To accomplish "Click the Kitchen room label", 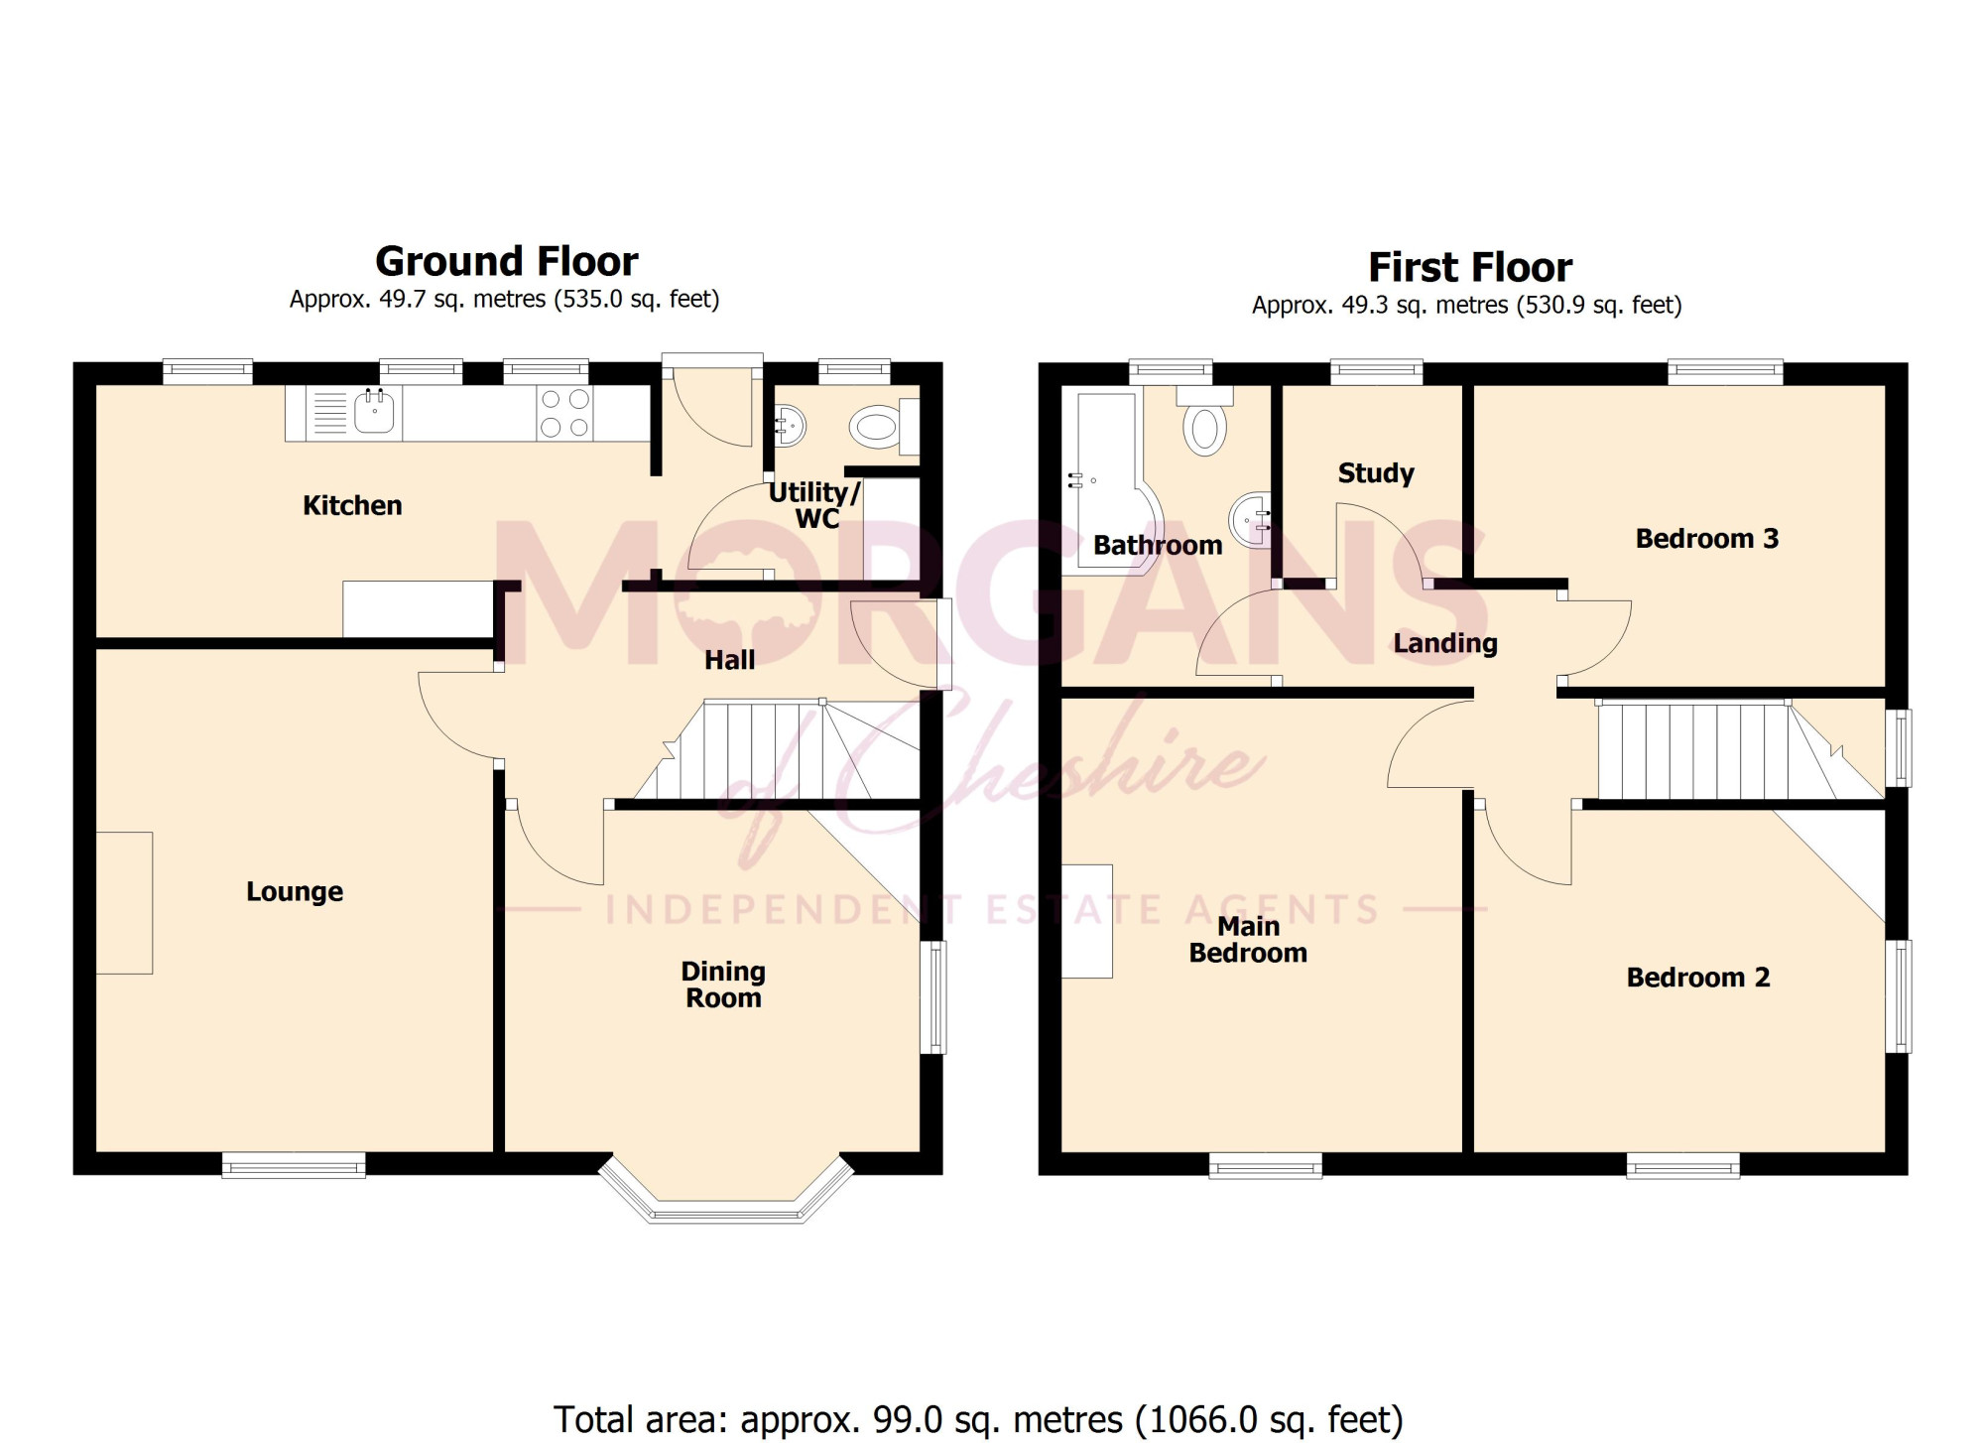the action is [352, 505].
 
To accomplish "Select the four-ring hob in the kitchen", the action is [565, 413].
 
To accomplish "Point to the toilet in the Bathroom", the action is [1205, 421].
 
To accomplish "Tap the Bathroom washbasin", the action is [1252, 518].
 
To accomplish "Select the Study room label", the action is [1376, 473].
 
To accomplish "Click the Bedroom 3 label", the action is [1707, 539].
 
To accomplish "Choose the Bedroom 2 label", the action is [1698, 978].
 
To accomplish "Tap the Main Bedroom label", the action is [1248, 940].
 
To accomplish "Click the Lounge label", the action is [295, 891].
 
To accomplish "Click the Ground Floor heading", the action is [507, 262].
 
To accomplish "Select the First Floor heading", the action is [1470, 268].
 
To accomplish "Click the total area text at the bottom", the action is [978, 1419].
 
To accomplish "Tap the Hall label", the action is [729, 660].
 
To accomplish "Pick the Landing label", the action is [1445, 643].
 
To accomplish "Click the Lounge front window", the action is [294, 1165].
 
